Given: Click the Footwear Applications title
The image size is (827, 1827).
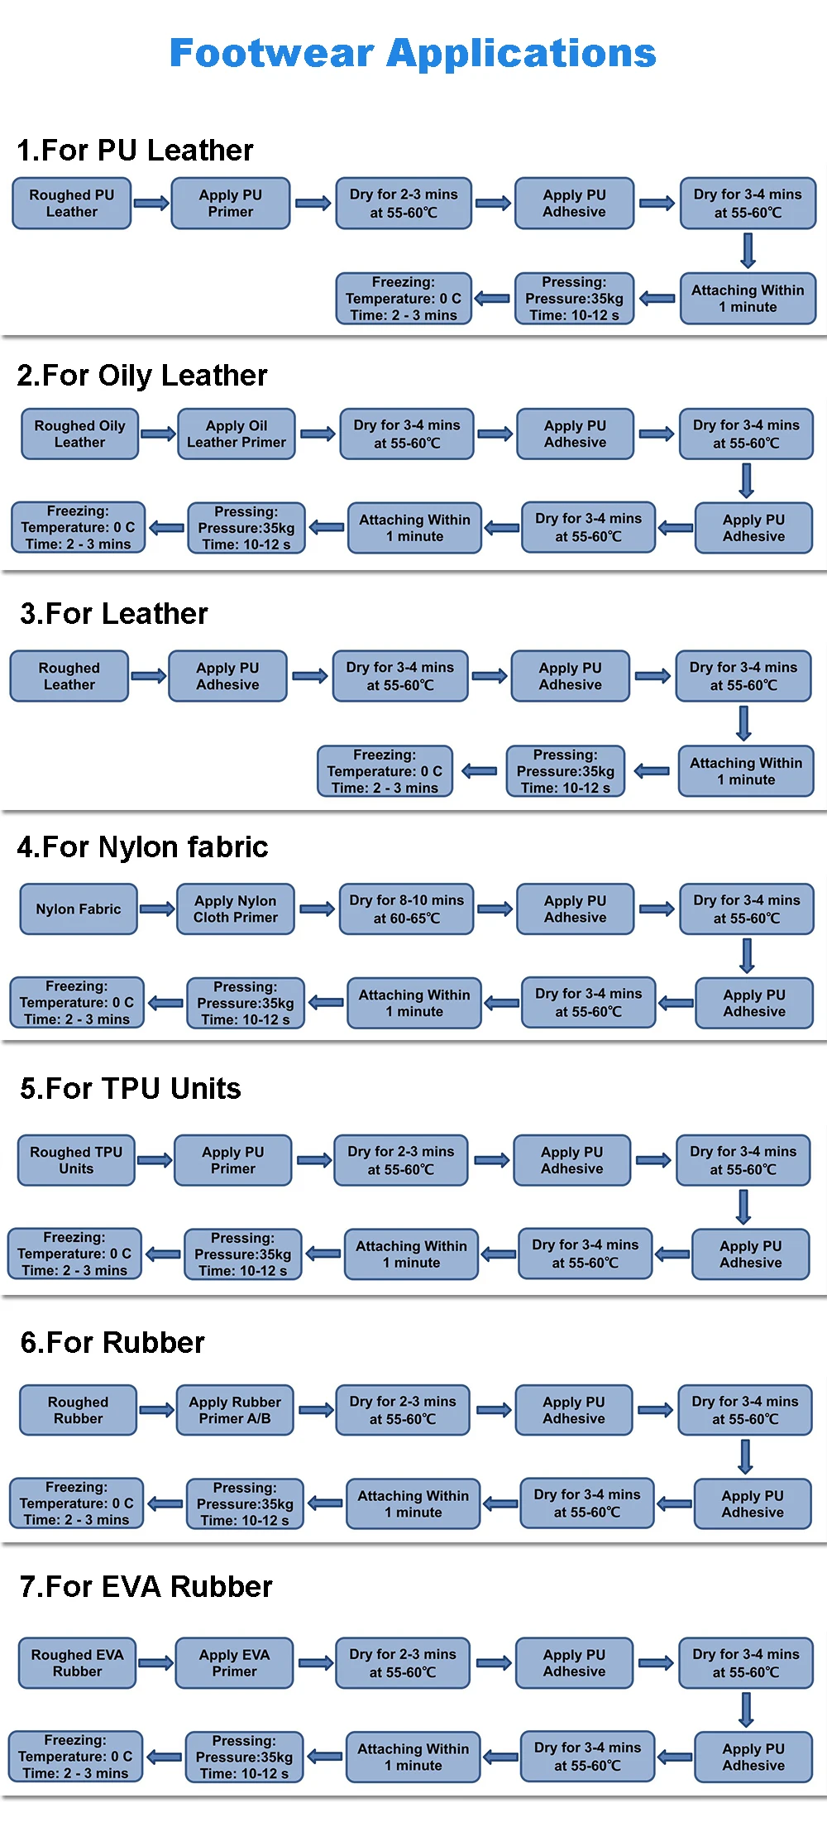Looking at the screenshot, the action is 413,54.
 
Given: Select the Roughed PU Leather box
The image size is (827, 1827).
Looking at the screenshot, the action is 72,204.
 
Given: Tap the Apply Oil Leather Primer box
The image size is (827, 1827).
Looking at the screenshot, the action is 237,434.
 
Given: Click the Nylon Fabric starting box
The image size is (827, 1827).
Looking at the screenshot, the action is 79,909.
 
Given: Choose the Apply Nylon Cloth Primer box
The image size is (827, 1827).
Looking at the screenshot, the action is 236,909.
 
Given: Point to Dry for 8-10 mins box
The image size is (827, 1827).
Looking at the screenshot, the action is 406,909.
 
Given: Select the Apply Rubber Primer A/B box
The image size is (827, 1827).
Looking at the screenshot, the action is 235,1410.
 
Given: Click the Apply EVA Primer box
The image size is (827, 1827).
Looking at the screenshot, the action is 234,1663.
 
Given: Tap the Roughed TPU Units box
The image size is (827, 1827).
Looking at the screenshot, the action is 76,1160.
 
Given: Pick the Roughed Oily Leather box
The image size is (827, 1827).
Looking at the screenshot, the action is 79,434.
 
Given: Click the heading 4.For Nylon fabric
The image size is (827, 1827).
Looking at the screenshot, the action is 142,847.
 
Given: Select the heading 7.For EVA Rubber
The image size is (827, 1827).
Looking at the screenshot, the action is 146,1587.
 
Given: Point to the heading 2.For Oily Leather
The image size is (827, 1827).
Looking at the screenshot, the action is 142,376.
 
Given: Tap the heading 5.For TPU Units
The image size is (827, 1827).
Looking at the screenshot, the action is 131,1089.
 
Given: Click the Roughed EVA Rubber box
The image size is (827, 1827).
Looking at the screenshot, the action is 77,1663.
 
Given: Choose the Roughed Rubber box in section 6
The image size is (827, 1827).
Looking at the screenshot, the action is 78,1410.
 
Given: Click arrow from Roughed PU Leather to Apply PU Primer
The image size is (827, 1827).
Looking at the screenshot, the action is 151,204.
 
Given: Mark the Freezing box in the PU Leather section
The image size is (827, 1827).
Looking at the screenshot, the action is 404,299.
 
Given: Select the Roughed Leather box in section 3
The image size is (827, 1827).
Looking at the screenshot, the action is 69,677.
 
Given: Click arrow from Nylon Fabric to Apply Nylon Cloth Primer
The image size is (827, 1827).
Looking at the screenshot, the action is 157,909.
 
